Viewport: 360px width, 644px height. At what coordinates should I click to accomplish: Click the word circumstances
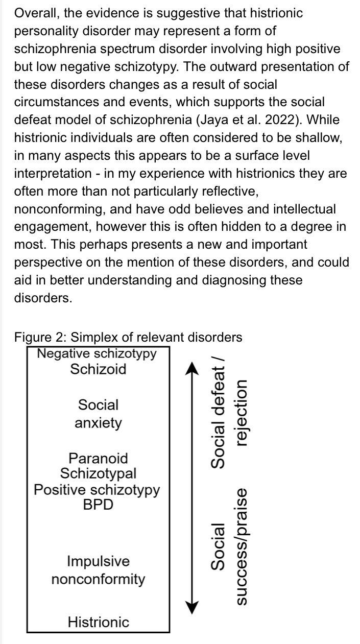(x=56, y=102)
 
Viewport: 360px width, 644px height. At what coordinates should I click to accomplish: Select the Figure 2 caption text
(x=128, y=337)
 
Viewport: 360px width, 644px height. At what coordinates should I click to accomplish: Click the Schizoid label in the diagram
(x=99, y=369)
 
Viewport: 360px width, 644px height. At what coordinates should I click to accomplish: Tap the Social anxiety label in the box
(x=99, y=414)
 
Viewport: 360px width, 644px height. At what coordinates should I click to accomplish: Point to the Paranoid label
(x=99, y=458)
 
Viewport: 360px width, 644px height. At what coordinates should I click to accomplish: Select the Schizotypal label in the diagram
(x=99, y=473)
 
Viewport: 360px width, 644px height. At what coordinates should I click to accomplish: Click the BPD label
(x=99, y=505)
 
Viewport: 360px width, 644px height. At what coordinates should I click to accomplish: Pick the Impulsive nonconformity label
(x=99, y=570)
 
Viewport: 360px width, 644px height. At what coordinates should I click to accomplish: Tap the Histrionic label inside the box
(x=99, y=623)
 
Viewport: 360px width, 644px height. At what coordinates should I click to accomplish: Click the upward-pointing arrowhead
(x=192, y=368)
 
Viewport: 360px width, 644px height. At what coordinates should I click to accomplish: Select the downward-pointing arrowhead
(x=192, y=608)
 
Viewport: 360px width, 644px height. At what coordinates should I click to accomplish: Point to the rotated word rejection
(x=242, y=413)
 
